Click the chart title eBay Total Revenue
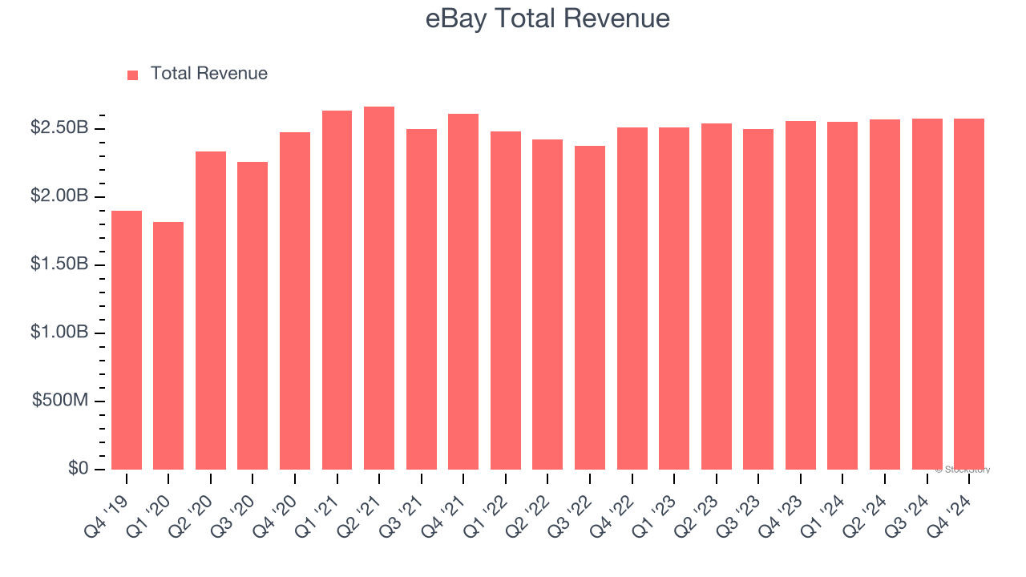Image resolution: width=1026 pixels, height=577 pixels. coord(547,18)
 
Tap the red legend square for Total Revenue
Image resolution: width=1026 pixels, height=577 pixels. coord(132,75)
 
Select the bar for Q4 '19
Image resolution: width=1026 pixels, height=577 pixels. coord(127,341)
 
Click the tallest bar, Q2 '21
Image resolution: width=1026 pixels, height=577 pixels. coord(379,288)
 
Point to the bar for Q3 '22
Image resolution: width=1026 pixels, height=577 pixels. coord(590,308)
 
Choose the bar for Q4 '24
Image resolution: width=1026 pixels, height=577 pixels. coord(969,294)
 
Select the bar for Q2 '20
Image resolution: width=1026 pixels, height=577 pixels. coord(211,311)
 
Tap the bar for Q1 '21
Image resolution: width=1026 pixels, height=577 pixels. coord(337,290)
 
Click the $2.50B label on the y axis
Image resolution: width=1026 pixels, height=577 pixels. coord(59,127)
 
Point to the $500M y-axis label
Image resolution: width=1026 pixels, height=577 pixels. coord(60,400)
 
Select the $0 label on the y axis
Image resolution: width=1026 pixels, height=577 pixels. coord(78,468)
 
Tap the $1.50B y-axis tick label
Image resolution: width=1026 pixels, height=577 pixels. coord(59,264)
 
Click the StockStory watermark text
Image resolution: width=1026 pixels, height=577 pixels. coord(963,470)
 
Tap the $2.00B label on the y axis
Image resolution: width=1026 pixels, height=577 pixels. coord(59,196)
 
